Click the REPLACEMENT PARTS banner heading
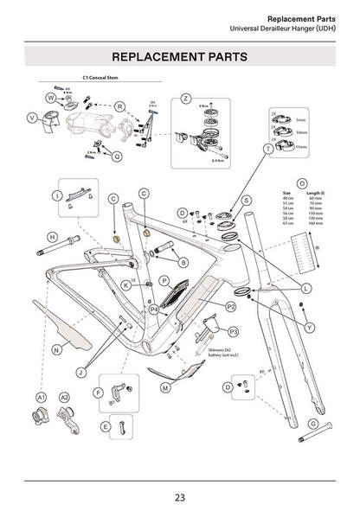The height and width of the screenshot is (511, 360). click(180, 56)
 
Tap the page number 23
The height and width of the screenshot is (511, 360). click(179, 496)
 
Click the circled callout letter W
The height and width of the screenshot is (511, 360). click(51, 99)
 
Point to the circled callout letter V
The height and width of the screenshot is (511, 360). click(32, 118)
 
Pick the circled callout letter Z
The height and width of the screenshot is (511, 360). click(185, 99)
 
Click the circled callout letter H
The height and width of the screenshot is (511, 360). click(52, 237)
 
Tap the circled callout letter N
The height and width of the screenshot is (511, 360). click(55, 350)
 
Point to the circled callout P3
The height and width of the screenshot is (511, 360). click(234, 331)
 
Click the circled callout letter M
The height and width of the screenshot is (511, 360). click(164, 388)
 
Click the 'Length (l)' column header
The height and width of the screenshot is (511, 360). click(316, 192)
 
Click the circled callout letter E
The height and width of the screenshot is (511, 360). click(105, 427)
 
